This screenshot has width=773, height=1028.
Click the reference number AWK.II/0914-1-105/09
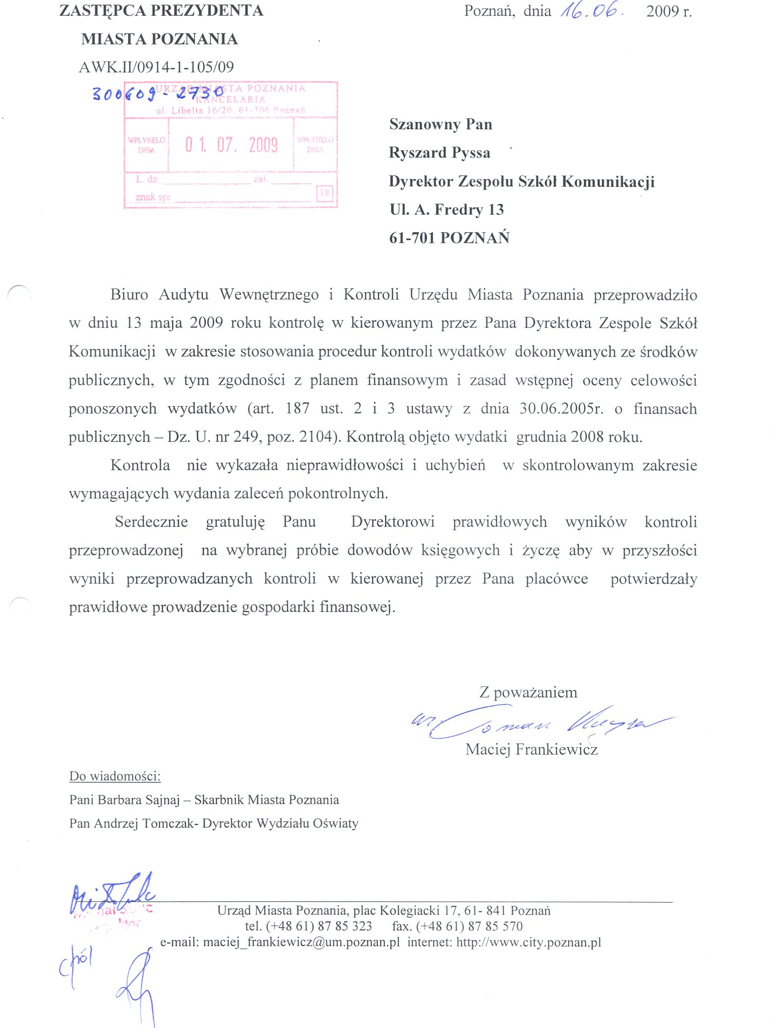coord(156,67)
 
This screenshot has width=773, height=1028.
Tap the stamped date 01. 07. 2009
coord(231,145)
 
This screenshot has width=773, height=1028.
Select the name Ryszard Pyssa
coord(439,153)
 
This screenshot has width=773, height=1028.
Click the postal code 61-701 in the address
coord(413,238)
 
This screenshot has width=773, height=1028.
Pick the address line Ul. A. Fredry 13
coord(446,210)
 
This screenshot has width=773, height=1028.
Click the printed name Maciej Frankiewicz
coord(531,749)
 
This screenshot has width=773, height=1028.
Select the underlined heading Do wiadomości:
coord(115,776)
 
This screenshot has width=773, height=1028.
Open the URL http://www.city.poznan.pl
coord(528,942)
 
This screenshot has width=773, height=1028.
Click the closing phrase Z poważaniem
coord(528,692)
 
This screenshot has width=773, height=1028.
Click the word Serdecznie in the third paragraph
coord(151,522)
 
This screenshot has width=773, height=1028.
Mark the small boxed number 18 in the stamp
coord(325,193)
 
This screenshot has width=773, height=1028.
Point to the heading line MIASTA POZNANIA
coord(160,39)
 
